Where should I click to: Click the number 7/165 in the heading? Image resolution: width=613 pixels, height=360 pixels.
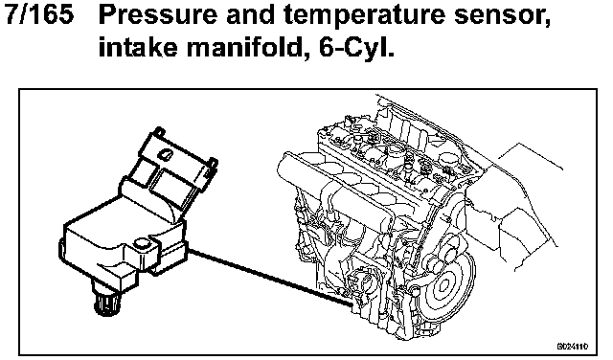tap(38, 14)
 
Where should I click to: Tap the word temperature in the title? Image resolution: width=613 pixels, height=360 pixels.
tap(364, 16)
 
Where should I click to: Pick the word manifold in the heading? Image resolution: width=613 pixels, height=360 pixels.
tap(244, 47)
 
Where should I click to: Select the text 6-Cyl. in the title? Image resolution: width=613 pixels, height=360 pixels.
tap(356, 47)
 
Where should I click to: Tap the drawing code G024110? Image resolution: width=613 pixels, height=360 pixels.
tap(573, 347)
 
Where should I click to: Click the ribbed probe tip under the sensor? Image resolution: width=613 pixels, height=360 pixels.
tap(106, 304)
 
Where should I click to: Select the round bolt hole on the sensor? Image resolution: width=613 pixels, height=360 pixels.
tap(141, 244)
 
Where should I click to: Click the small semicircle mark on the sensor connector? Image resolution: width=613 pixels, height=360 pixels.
tap(164, 155)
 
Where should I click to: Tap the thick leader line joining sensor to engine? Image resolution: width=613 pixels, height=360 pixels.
tap(270, 277)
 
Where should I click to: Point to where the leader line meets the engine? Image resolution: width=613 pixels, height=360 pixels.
tap(353, 305)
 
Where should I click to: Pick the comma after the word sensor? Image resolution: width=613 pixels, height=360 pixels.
tap(547, 24)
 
